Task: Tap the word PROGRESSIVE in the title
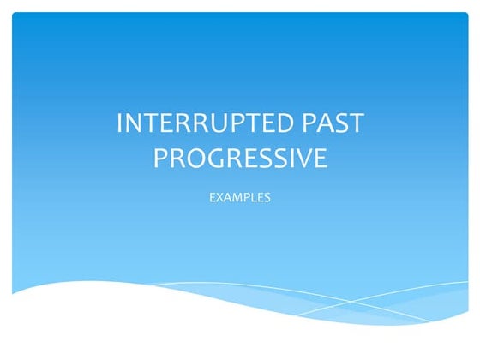(x=240, y=159)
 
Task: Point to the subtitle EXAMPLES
(x=240, y=197)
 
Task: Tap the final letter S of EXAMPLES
(x=268, y=197)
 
